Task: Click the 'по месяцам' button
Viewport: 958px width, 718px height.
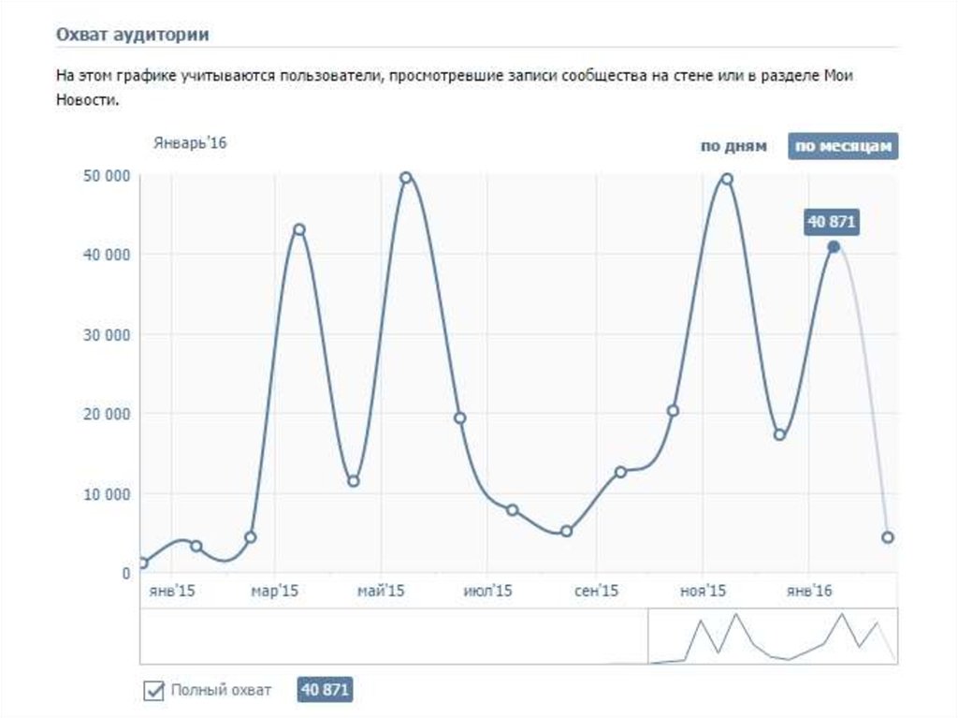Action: [843, 147]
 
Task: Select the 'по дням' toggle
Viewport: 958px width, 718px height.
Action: [733, 147]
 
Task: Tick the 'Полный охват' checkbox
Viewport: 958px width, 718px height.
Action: [153, 691]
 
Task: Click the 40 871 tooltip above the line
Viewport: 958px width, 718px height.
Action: [831, 223]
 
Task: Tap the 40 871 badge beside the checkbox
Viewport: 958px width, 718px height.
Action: [325, 690]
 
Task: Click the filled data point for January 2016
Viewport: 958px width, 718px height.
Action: [834, 247]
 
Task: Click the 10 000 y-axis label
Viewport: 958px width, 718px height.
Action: [105, 493]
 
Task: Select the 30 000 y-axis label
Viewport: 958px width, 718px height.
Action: [105, 334]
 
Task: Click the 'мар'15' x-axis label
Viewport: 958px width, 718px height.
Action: [275, 592]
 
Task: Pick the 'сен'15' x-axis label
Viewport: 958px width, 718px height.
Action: [597, 592]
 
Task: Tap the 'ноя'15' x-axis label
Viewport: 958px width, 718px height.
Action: [704, 592]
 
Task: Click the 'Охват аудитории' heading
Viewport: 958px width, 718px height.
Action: [132, 35]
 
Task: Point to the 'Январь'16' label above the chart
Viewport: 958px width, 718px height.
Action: [190, 143]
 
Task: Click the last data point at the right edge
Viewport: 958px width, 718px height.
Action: [887, 537]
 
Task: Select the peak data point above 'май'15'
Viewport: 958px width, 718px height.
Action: [406, 178]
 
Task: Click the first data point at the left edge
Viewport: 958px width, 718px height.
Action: [142, 563]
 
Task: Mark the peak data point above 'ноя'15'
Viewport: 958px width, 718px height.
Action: [727, 179]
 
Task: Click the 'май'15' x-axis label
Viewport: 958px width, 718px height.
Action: [381, 592]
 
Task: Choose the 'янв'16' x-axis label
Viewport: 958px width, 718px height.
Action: [809, 592]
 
